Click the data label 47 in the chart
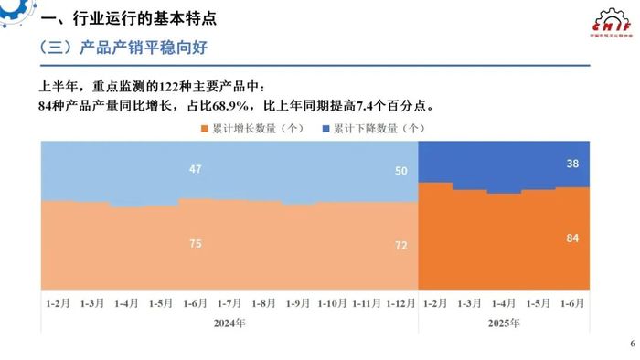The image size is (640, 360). click(196, 169)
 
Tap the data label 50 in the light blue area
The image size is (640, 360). click(401, 172)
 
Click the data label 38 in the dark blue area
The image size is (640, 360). click(598, 165)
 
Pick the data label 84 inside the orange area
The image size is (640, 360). click(598, 238)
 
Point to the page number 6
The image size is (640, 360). click(631, 344)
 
